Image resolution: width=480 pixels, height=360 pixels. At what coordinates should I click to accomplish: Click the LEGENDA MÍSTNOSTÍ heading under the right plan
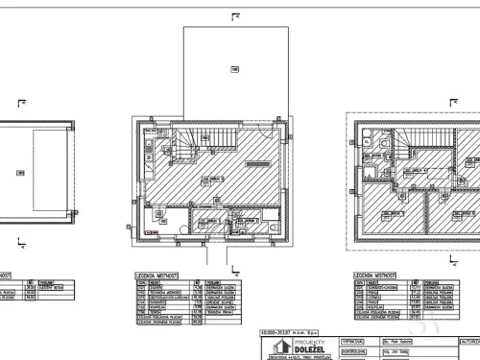pyautogui.click(x=376, y=274)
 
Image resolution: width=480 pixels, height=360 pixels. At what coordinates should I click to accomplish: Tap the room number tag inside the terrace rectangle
pyautogui.click(x=233, y=68)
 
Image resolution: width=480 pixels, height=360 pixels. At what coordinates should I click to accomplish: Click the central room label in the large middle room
pyautogui.click(x=213, y=180)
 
